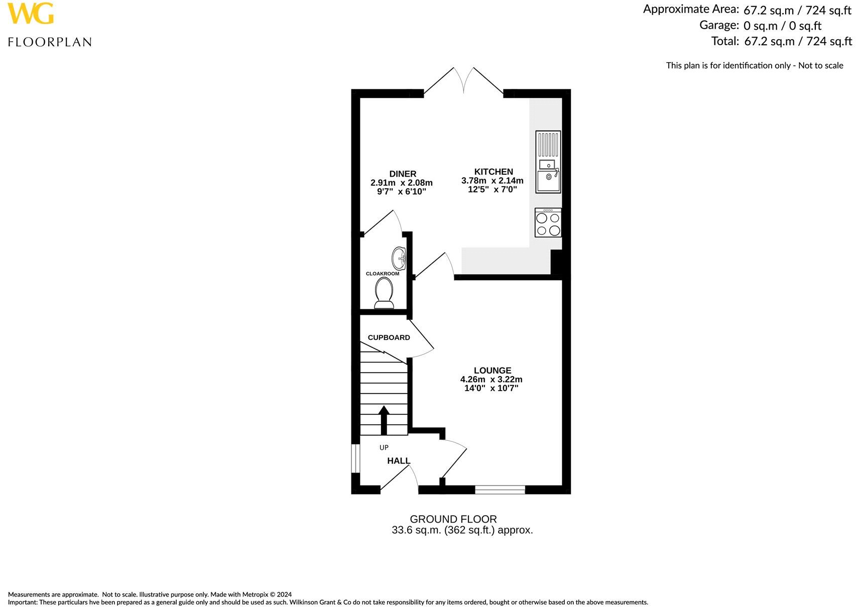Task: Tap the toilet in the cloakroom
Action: pyautogui.click(x=384, y=293)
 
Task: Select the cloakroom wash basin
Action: pyautogui.click(x=399, y=258)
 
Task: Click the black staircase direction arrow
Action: pyautogui.click(x=384, y=420)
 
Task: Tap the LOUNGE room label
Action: pyautogui.click(x=492, y=371)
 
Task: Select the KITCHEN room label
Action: pyautogui.click(x=494, y=172)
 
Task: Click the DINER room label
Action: pyautogui.click(x=403, y=174)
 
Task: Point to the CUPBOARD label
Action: pyautogui.click(x=389, y=337)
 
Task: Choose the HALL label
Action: pyautogui.click(x=399, y=460)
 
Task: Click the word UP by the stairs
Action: pyautogui.click(x=384, y=447)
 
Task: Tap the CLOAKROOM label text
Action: pyautogui.click(x=383, y=274)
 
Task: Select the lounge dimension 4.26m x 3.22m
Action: pyautogui.click(x=491, y=380)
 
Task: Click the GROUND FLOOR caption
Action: pyautogui.click(x=453, y=519)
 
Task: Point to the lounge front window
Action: pyautogui.click(x=500, y=490)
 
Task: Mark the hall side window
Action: pyautogui.click(x=355, y=458)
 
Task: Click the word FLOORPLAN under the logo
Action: pyautogui.click(x=50, y=42)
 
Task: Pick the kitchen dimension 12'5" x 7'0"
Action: pyautogui.click(x=492, y=190)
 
